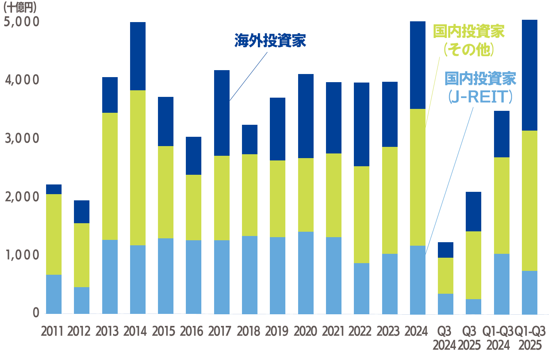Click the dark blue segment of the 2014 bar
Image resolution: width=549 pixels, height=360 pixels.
pyautogui.click(x=138, y=56)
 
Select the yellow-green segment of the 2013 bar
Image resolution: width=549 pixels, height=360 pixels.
pyautogui.click(x=110, y=176)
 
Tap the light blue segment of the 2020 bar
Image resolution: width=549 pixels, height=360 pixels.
pyautogui.click(x=305, y=273)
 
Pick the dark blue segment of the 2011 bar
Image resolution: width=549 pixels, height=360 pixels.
pyautogui.click(x=54, y=189)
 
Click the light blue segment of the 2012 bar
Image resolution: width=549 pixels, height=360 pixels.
pyautogui.click(x=82, y=300)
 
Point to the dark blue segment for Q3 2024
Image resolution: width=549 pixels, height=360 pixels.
pyautogui.click(x=446, y=250)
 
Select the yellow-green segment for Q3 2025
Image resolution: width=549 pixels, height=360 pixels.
pyautogui.click(x=473, y=265)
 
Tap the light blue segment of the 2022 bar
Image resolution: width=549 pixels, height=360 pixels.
pyautogui.click(x=361, y=288)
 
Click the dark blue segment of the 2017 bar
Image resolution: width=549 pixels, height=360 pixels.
pyautogui.click(x=221, y=113)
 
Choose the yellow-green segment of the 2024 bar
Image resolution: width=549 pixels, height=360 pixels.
pyautogui.click(x=417, y=177)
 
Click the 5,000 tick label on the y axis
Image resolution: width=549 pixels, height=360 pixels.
pyautogui.click(x=22, y=22)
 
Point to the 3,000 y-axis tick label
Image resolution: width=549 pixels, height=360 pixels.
pyautogui.click(x=22, y=138)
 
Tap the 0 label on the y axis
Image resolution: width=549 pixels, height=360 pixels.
pyautogui.click(x=36, y=313)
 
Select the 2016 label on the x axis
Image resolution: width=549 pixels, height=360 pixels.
pyautogui.click(x=192, y=331)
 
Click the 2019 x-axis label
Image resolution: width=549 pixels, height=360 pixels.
pyautogui.click(x=277, y=331)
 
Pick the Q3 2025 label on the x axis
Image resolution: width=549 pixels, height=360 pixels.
pyautogui.click(x=469, y=338)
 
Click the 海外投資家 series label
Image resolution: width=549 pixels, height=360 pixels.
pyautogui.click(x=270, y=41)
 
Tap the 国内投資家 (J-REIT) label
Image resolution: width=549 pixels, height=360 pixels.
pyautogui.click(x=480, y=88)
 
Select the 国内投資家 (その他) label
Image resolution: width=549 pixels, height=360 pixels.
pyautogui.click(x=468, y=40)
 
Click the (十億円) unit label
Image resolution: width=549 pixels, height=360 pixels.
pyautogui.click(x=20, y=7)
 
